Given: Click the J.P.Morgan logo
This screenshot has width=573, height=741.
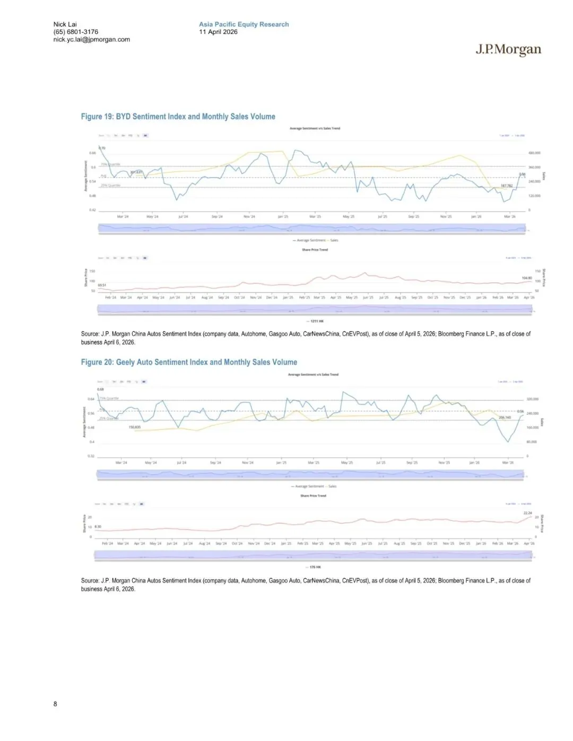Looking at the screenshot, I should coord(508,50).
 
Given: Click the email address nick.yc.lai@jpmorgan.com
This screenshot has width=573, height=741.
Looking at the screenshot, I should coord(91,39).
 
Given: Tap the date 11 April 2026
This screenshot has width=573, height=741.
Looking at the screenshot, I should coord(218,32).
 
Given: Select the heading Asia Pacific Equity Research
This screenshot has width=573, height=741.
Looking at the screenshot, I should coord(244,24).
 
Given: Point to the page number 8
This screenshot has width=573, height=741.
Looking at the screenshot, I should coord(55,704).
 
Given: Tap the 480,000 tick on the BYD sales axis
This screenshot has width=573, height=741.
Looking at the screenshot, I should coord(534,153).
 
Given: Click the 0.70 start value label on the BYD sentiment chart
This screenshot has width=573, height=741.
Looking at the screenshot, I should coord(102,147).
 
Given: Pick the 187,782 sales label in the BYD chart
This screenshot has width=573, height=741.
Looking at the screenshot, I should coord(507,186).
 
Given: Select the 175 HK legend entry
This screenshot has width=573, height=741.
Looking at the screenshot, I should coord(315,567).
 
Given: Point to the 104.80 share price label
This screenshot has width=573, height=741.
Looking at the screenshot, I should coord(526,278).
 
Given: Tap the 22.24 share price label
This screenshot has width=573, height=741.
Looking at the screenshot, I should coord(527,513).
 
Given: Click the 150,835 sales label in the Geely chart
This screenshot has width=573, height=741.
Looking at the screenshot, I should coord(134,427).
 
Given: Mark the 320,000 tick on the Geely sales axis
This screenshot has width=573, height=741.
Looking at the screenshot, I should coord(532,399).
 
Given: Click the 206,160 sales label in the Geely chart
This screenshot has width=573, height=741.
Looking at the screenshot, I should coord(505,417).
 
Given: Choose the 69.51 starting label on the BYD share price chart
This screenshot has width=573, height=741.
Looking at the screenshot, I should coord(102,285).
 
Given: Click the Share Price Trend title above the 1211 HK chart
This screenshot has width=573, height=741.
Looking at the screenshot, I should coord(315,250).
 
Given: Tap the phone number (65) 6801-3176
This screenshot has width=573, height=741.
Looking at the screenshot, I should coord(75,32).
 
